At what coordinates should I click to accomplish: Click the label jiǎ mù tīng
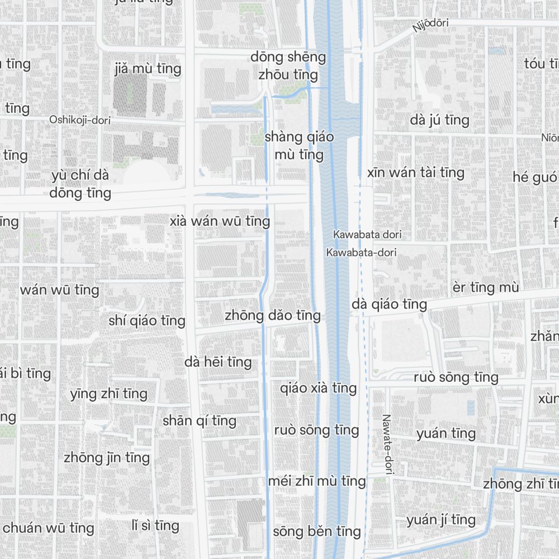(148, 69)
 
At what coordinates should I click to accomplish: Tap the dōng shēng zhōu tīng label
(288, 65)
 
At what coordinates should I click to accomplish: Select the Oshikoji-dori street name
(80, 120)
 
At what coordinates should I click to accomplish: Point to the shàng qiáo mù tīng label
(299, 145)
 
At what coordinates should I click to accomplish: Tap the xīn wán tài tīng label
(416, 172)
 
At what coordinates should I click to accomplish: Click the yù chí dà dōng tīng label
(80, 184)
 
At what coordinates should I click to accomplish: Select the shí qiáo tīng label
(147, 320)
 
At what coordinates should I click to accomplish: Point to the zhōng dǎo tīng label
(273, 315)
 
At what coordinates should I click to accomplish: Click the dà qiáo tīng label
(390, 304)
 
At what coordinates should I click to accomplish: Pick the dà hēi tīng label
(218, 362)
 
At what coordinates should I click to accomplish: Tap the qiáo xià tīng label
(318, 387)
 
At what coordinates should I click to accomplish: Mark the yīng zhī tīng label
(109, 394)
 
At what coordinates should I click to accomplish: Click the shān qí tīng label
(200, 420)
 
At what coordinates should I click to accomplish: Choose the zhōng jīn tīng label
(107, 457)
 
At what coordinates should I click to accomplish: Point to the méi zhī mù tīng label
(317, 480)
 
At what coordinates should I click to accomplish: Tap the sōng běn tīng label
(317, 531)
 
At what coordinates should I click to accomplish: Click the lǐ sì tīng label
(155, 525)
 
